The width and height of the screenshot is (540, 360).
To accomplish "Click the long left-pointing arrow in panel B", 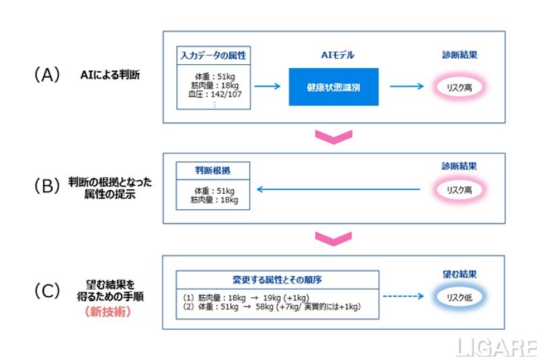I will point(337,190).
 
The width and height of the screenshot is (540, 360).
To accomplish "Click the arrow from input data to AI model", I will point(267,86).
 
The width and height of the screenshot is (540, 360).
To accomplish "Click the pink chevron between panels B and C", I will point(334,238).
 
